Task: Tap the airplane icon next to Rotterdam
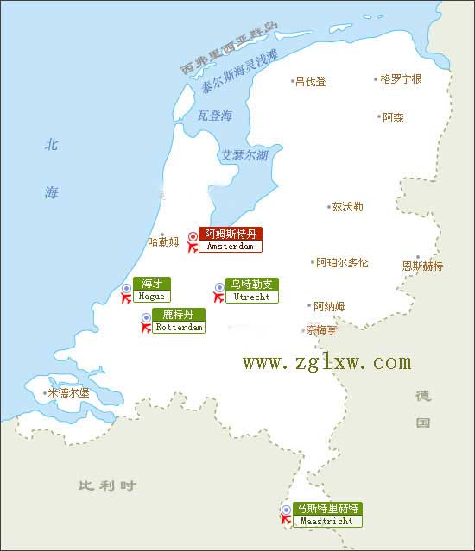click(146, 329)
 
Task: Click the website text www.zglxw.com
click(326, 362)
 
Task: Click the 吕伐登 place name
click(311, 82)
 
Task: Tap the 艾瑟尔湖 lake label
click(244, 155)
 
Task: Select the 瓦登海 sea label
click(215, 115)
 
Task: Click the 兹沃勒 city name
click(347, 207)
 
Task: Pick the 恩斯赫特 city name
click(422, 266)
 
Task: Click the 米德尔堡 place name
click(68, 393)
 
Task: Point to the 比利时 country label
click(106, 485)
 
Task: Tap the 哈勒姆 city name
click(163, 242)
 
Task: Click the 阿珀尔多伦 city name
click(342, 262)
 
